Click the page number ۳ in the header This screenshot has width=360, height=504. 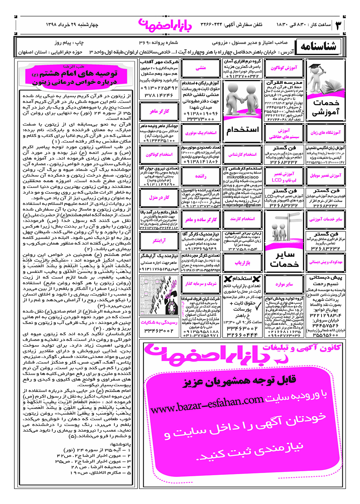(x=338, y=25)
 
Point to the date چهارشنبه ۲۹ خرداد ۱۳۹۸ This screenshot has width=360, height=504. (x=72, y=24)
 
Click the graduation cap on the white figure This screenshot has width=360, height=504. (x=316, y=69)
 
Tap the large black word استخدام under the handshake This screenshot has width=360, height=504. (x=242, y=130)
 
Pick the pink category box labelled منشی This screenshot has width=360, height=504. (x=201, y=68)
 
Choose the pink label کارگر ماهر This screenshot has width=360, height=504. (x=159, y=111)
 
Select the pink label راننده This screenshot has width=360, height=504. (x=201, y=176)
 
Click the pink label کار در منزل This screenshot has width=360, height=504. (x=159, y=197)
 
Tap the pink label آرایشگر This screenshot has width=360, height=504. (x=159, y=240)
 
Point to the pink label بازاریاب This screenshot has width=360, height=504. (x=242, y=262)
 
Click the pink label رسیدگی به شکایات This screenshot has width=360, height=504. (x=159, y=322)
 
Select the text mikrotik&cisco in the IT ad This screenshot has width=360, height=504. (x=242, y=177)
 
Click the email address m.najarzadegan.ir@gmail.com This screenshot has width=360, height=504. (x=242, y=205)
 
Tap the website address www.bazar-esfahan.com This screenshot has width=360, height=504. (x=207, y=404)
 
